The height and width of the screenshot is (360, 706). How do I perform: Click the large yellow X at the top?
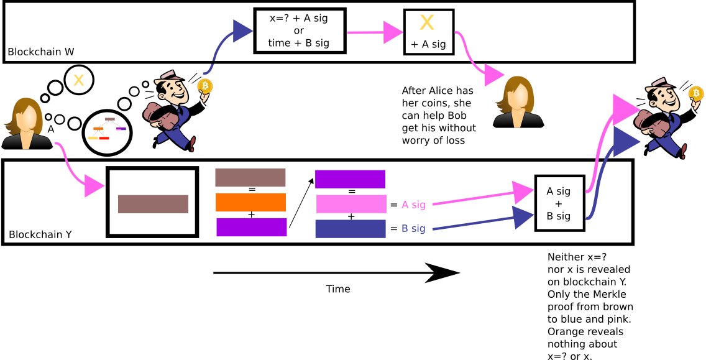point(427,22)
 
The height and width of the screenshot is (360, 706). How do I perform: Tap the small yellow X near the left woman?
point(78,80)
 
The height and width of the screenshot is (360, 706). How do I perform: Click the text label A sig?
point(413,205)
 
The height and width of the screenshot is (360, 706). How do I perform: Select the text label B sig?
point(413,228)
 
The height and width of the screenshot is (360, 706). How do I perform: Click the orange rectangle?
point(251,203)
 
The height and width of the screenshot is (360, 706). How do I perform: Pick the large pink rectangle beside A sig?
point(351,204)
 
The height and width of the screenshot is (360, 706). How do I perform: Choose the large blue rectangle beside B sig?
point(350,229)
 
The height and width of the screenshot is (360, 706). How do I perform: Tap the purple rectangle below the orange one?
point(251,228)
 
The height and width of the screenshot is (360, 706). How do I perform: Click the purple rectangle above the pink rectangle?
point(350,179)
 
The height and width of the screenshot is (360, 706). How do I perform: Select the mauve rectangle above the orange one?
point(250,177)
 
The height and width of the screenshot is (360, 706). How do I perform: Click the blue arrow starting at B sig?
point(479,223)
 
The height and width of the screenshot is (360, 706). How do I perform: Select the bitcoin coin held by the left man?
point(205,86)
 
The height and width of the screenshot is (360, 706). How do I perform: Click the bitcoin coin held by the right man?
point(696,93)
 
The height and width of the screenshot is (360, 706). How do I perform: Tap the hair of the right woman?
point(506,87)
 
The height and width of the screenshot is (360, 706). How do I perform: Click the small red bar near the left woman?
point(104,138)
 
